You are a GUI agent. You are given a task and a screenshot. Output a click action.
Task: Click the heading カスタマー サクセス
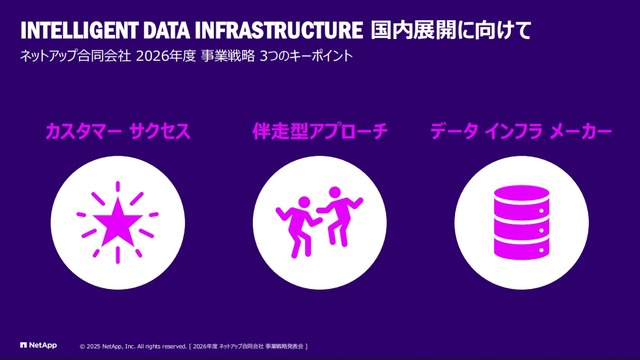click(x=117, y=131)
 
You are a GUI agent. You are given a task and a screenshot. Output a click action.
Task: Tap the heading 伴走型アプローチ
click(x=319, y=131)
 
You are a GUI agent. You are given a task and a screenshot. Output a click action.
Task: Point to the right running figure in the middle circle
click(x=341, y=211)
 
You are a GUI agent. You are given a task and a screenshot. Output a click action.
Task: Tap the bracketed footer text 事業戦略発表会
click(x=281, y=345)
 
